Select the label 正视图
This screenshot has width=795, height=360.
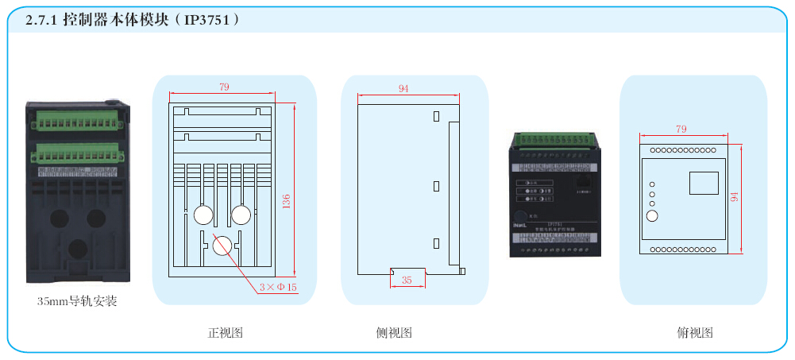pos(225,333)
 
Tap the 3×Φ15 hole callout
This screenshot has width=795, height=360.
pos(278,287)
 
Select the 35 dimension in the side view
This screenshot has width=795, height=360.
pos(407,280)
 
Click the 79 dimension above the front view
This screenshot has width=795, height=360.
pos(223,87)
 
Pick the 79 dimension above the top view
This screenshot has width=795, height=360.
pos(681,129)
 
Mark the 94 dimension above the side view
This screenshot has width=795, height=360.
pos(403,89)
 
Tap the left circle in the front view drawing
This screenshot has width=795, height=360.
pos(202,215)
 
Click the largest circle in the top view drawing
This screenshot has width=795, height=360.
pos(653,216)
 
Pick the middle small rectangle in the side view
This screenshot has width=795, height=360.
pos(436,186)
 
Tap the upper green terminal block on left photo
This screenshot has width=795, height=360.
pos(76,121)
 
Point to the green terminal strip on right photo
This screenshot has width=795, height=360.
pos(554,140)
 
